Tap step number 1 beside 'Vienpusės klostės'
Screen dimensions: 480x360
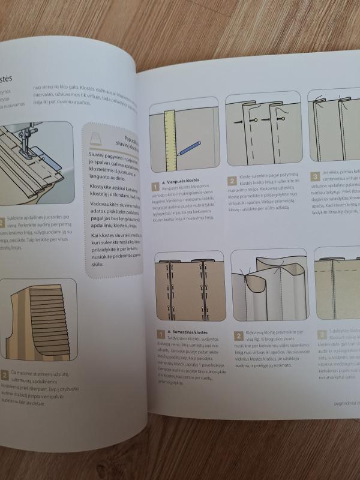click(155, 187)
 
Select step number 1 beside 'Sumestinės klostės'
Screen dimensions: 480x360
click(160, 332)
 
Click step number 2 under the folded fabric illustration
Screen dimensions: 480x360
click(238, 334)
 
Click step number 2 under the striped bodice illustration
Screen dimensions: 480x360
click(5, 376)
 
